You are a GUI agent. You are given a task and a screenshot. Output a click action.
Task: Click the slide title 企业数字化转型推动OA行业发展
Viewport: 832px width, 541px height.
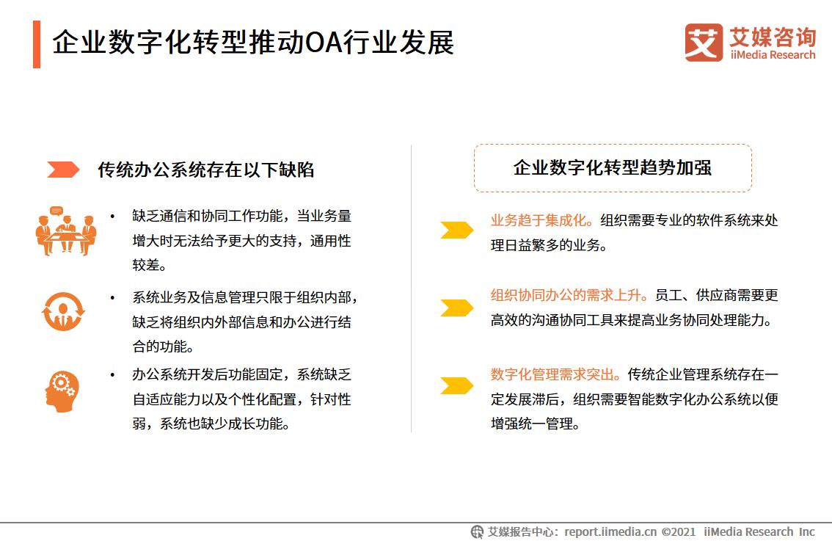(253, 43)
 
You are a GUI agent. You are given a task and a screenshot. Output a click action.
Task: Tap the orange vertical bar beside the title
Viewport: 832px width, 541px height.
(37, 44)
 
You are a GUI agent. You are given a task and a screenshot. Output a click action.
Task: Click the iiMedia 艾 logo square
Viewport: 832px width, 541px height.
(704, 43)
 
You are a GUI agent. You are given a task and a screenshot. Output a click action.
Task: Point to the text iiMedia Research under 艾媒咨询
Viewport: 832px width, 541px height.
(773, 55)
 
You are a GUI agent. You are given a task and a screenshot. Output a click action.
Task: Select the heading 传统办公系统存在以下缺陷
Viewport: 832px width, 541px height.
(206, 170)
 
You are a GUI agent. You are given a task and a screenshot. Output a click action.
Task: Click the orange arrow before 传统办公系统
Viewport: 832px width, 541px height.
(63, 170)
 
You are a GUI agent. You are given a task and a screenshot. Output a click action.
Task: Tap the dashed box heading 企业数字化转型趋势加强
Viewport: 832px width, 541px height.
(613, 168)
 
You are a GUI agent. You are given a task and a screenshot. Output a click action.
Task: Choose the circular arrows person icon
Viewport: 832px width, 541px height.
(63, 311)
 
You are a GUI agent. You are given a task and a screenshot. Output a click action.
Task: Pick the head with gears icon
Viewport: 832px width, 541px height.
(62, 391)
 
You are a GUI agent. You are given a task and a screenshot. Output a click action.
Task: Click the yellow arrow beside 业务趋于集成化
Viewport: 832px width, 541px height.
(456, 230)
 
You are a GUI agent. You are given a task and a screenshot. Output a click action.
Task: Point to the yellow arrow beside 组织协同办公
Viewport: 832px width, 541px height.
(456, 308)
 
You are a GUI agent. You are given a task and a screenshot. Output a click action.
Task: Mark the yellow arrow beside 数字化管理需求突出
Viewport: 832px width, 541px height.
(456, 385)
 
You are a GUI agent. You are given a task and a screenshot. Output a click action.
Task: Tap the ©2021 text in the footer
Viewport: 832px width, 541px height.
(679, 531)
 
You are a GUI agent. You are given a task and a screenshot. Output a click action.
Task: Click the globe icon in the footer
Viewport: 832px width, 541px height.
(478, 531)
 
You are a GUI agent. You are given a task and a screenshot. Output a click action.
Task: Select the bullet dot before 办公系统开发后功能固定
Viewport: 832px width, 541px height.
(112, 375)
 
